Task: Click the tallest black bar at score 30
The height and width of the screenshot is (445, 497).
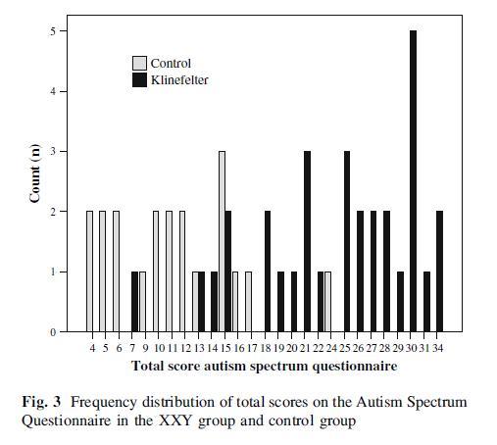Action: (413, 181)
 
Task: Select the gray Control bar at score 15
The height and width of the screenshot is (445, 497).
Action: (223, 242)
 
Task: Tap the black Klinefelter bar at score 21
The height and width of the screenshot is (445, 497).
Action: (307, 242)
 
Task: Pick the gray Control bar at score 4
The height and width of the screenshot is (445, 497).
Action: (90, 272)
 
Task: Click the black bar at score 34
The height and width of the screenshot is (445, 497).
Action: (439, 272)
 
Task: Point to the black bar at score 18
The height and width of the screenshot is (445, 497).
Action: (268, 272)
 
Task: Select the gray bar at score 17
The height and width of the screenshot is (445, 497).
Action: (248, 303)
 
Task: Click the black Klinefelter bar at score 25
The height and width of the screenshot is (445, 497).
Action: (347, 242)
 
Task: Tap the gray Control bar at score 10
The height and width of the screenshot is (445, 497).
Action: (156, 272)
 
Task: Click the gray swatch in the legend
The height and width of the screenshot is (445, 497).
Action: (140, 64)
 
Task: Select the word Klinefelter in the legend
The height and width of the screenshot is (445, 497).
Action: (180, 78)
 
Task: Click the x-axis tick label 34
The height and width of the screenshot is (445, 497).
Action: (439, 347)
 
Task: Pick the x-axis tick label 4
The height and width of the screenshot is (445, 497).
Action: (91, 347)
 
